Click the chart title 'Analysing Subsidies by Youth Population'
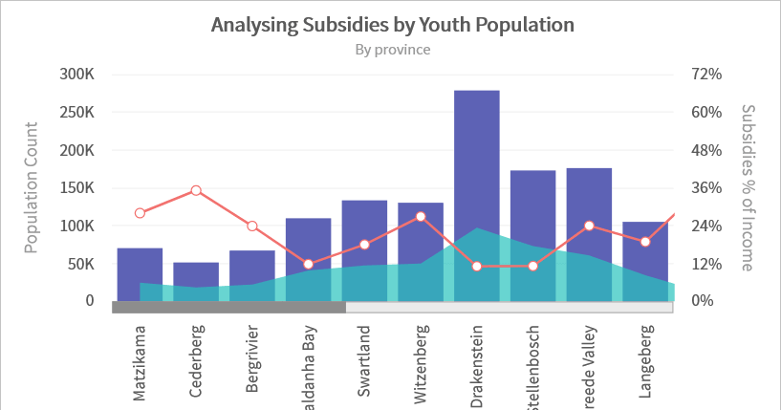(392, 24)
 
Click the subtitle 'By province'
(392, 49)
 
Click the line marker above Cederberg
(196, 191)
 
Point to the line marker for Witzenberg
(421, 217)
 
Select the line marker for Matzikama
(140, 213)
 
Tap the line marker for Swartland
(364, 245)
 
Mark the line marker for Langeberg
(645, 242)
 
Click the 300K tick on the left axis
(76, 75)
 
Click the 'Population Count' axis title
(31, 187)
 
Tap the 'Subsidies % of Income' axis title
(748, 187)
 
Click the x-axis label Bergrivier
(252, 361)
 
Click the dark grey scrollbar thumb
(228, 307)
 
